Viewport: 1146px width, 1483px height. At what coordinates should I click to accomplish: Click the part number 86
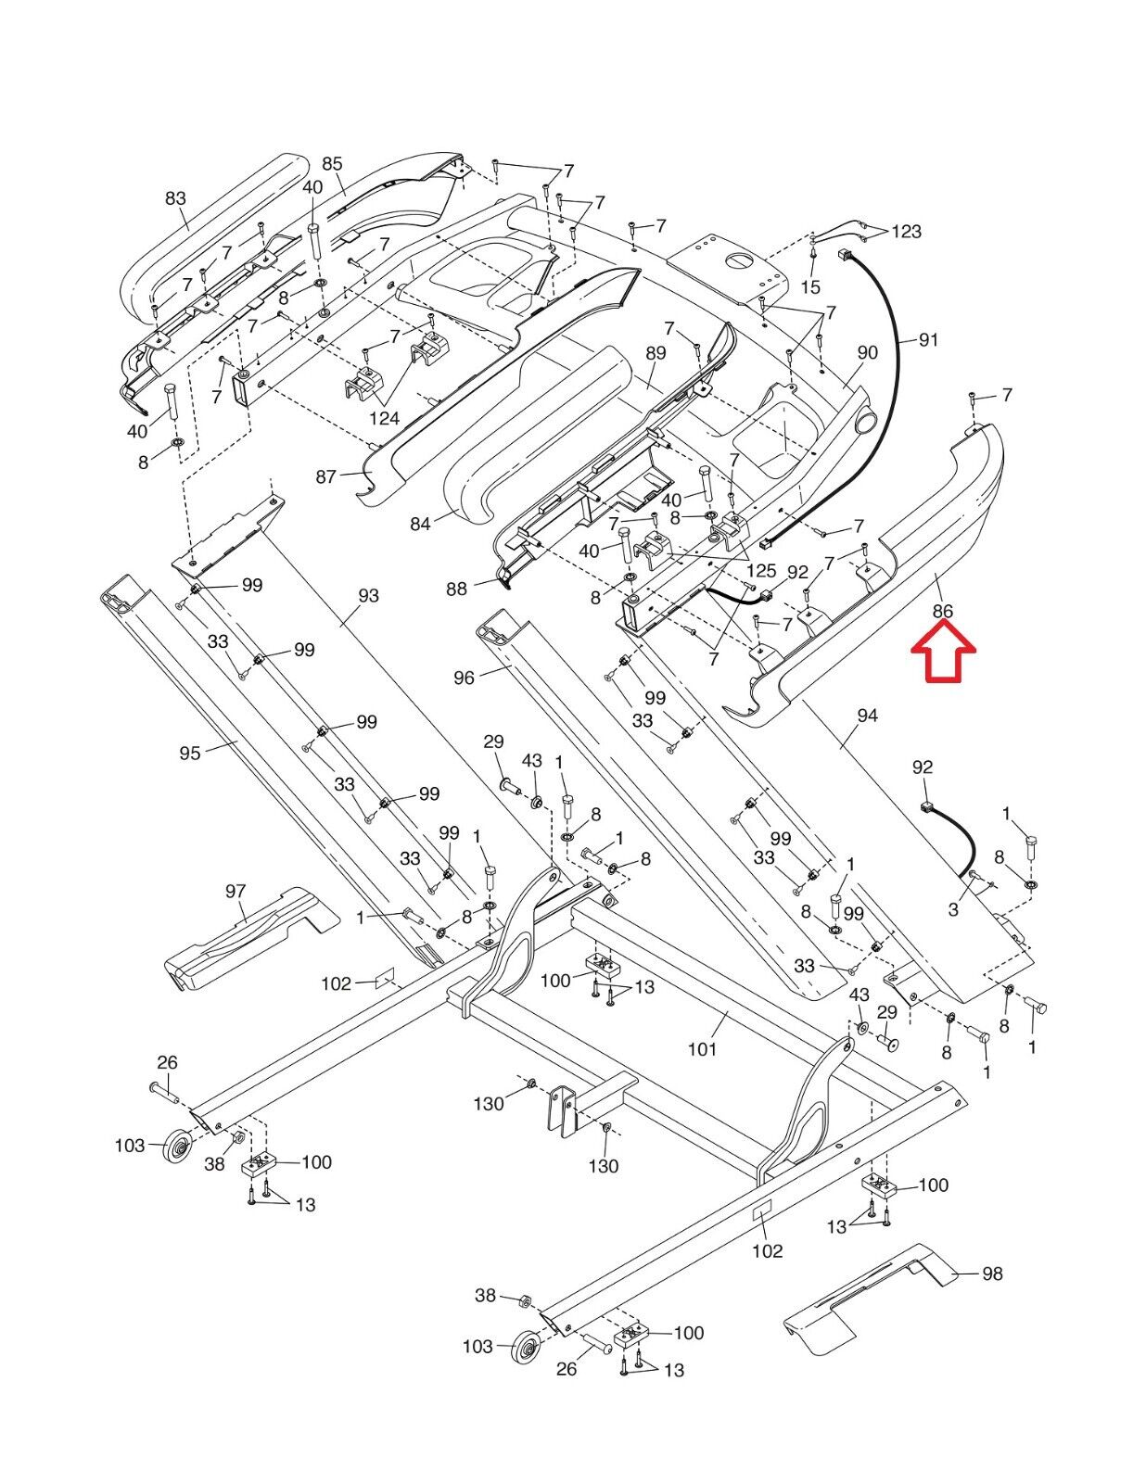(x=942, y=611)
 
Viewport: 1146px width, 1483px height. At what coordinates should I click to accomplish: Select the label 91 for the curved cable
(x=928, y=340)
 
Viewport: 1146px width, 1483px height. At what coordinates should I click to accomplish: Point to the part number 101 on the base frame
(x=702, y=1049)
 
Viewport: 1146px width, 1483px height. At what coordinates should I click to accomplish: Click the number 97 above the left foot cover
(x=236, y=892)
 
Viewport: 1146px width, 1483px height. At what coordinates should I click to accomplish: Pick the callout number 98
(x=991, y=1274)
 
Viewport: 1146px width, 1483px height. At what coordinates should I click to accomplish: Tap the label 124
(x=384, y=419)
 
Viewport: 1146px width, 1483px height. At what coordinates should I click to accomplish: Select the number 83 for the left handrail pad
(x=175, y=198)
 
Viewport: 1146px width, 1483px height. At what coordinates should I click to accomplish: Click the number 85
(x=332, y=164)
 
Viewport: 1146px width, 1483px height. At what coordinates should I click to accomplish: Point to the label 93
(x=368, y=595)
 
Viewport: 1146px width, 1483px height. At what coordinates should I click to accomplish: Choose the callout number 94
(x=867, y=716)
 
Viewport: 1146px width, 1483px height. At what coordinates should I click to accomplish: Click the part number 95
(x=190, y=754)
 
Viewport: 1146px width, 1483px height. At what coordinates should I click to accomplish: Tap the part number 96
(x=464, y=678)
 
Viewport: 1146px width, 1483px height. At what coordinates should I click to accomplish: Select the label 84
(x=420, y=525)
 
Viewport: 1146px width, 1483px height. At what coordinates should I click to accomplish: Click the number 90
(x=867, y=352)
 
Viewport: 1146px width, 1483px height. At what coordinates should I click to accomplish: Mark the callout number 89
(x=656, y=353)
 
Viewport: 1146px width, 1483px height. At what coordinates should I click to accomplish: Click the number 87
(x=326, y=476)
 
